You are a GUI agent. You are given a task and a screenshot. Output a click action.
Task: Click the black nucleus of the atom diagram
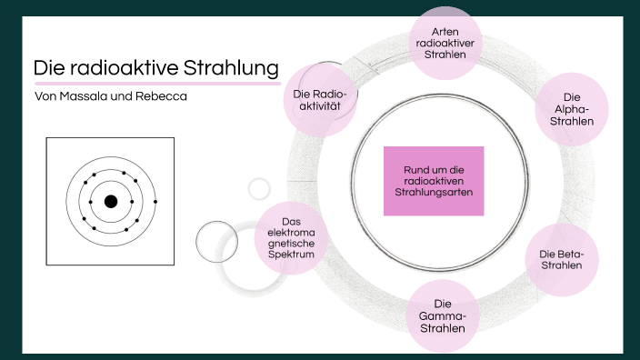pyautogui.click(x=111, y=202)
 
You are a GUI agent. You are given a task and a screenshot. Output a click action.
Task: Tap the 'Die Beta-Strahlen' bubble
pyautogui.click(x=562, y=259)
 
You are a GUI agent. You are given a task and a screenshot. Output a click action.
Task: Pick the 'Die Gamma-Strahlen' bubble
pyautogui.click(x=443, y=315)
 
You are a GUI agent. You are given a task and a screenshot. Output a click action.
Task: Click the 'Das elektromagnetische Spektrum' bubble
pyautogui.click(x=290, y=237)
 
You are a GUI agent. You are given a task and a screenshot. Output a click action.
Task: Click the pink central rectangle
pyautogui.click(x=434, y=181)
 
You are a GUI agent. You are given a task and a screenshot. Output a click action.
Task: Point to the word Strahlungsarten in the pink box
pyautogui.click(x=435, y=192)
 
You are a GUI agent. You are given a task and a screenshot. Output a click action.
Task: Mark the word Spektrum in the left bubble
pyautogui.click(x=290, y=255)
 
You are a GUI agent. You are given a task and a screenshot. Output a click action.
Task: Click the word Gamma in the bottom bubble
pyautogui.click(x=443, y=315)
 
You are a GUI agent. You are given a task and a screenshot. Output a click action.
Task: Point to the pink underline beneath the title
pyautogui.click(x=155, y=84)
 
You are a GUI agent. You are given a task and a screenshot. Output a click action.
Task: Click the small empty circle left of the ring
pyautogui.click(x=259, y=188)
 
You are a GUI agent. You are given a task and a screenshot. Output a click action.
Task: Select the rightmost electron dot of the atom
pyautogui.click(x=155, y=201)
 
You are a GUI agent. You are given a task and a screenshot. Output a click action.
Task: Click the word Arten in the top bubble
pyautogui.click(x=445, y=31)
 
